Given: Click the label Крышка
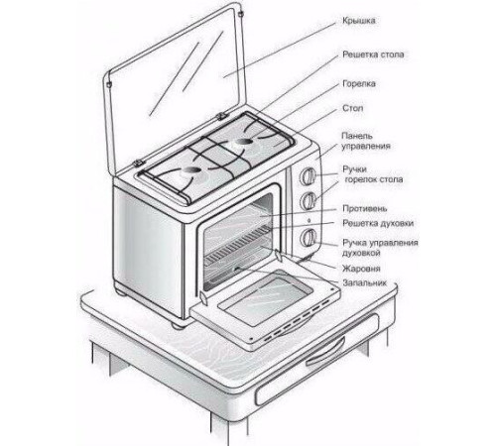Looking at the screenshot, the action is [359, 21].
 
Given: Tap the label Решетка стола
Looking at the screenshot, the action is [373, 55].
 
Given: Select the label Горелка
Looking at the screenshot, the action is [359, 84].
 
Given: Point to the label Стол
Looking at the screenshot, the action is [353, 108].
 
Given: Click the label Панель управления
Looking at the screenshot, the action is [366, 141].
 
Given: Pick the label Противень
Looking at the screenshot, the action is [365, 209].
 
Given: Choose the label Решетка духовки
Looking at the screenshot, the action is [378, 223].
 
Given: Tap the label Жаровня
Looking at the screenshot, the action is [361, 269].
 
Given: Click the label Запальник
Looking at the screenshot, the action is [364, 283].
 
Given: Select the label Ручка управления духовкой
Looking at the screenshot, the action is [380, 248].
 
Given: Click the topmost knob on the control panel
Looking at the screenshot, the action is [308, 176].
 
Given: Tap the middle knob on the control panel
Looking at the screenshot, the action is [308, 200].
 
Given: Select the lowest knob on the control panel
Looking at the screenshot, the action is [308, 237].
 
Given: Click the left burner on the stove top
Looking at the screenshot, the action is [191, 170].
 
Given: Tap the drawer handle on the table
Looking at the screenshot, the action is [325, 350].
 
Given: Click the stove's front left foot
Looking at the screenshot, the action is [179, 325].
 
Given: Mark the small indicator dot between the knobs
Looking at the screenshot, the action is [309, 220].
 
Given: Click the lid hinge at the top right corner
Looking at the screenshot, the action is [241, 15].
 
